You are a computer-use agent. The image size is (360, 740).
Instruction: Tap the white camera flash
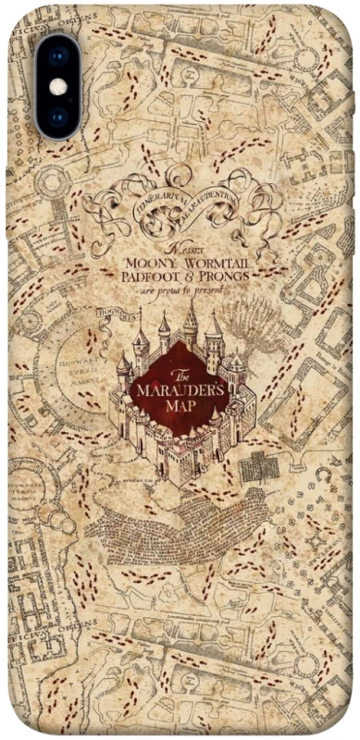click(x=58, y=86)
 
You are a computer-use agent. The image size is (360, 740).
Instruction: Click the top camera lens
click(x=58, y=55)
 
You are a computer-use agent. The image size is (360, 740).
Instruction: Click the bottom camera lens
click(x=58, y=117)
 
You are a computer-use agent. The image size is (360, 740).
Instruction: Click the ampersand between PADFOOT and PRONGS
click(x=202, y=277)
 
